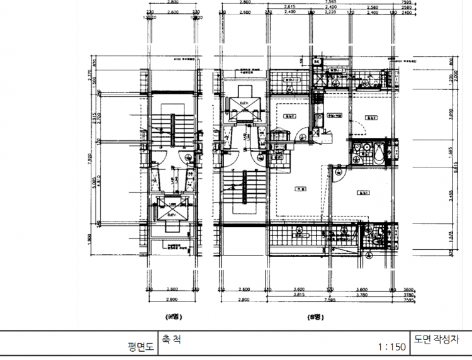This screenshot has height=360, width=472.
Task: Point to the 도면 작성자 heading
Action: point(441,339)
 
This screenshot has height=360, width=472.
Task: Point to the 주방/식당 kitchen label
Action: point(335,116)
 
